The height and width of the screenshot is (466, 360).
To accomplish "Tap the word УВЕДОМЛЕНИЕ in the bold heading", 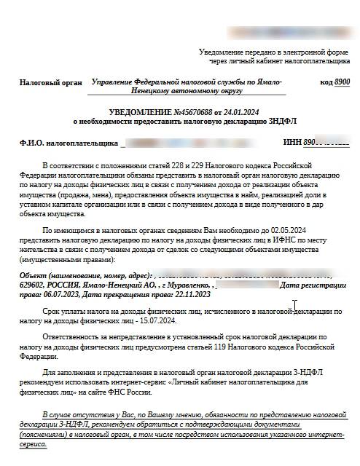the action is point(135,113).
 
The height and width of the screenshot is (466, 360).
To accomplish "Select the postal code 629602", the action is point(34,285).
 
